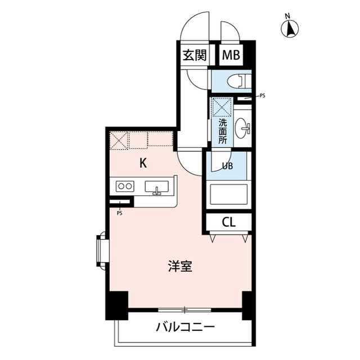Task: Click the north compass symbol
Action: pos(291,29)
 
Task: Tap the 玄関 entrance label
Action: pos(193,55)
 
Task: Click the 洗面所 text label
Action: pos(223,131)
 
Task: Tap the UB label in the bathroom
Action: pos(227,166)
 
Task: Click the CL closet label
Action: pos(228,222)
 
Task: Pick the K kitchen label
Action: pos(143,164)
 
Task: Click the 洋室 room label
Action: pos(179,267)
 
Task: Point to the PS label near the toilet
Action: pos(262,96)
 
